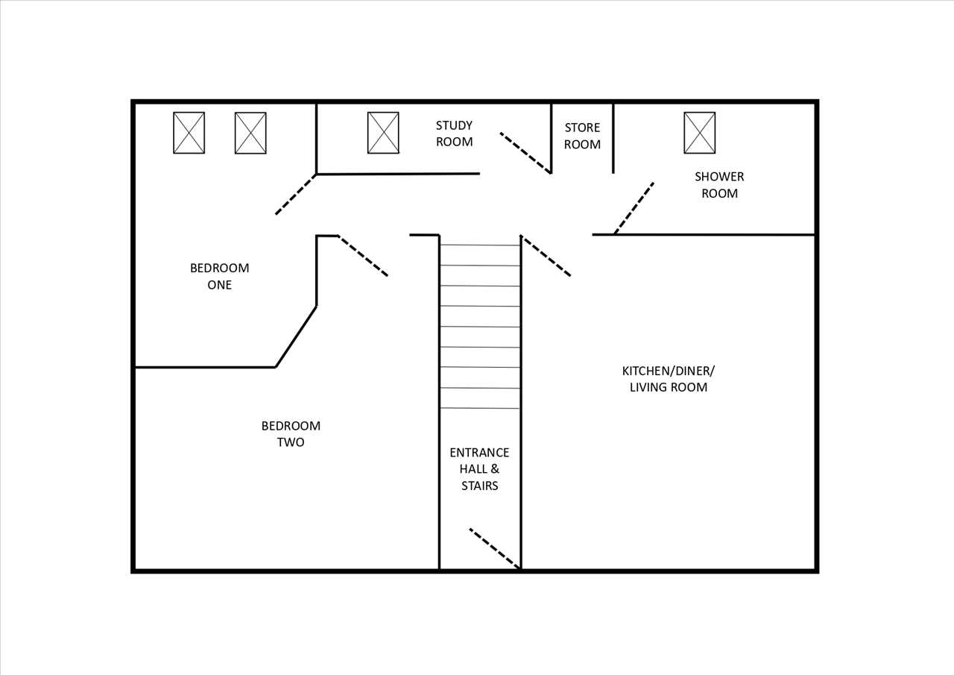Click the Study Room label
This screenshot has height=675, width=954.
454,134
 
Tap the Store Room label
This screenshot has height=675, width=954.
582,136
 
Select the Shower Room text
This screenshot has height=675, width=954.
719,185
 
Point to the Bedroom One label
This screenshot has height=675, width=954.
219,276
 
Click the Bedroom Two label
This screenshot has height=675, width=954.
291,434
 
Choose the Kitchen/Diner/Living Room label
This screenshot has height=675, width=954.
669,379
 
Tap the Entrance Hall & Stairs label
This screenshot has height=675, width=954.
479,468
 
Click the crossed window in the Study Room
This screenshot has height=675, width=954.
383,133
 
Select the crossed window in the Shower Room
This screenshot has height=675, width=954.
700,133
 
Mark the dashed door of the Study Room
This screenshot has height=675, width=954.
525,153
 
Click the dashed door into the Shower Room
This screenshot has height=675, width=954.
634,208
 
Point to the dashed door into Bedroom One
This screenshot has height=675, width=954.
296,195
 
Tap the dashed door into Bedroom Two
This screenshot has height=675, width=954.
363,256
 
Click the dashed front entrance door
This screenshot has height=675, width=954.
495,548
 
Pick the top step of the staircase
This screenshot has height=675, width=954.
480,245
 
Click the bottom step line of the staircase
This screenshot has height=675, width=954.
480,408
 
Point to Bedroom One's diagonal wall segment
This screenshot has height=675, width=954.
296,336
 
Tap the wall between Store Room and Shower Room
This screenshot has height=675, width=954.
613,139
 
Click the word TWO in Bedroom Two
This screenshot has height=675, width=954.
291,442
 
